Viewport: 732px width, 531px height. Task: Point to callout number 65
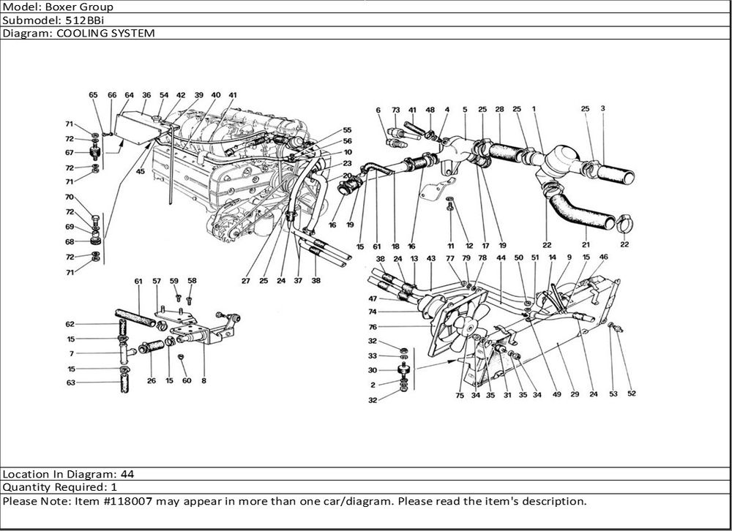point(93,95)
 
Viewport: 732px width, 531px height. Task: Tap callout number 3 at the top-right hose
point(602,109)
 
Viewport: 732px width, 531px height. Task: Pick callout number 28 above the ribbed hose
point(499,109)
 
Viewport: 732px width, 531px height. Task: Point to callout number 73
point(395,110)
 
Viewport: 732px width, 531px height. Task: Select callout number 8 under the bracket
point(203,380)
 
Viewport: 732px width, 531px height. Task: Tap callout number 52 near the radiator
point(631,393)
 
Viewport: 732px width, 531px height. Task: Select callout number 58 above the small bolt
point(192,280)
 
